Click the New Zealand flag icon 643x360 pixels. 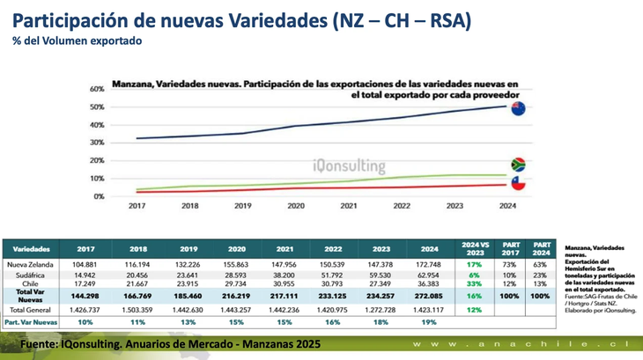click(x=518, y=109)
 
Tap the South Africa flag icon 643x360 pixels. click(x=518, y=165)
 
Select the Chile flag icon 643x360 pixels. click(x=518, y=185)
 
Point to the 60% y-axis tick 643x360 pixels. click(x=97, y=90)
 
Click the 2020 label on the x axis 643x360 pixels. click(x=296, y=205)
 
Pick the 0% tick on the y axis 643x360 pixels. click(x=100, y=196)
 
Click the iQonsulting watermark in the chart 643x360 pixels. click(x=349, y=165)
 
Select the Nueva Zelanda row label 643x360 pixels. click(x=31, y=264)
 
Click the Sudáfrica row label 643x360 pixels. click(x=31, y=276)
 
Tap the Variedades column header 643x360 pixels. click(x=31, y=248)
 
